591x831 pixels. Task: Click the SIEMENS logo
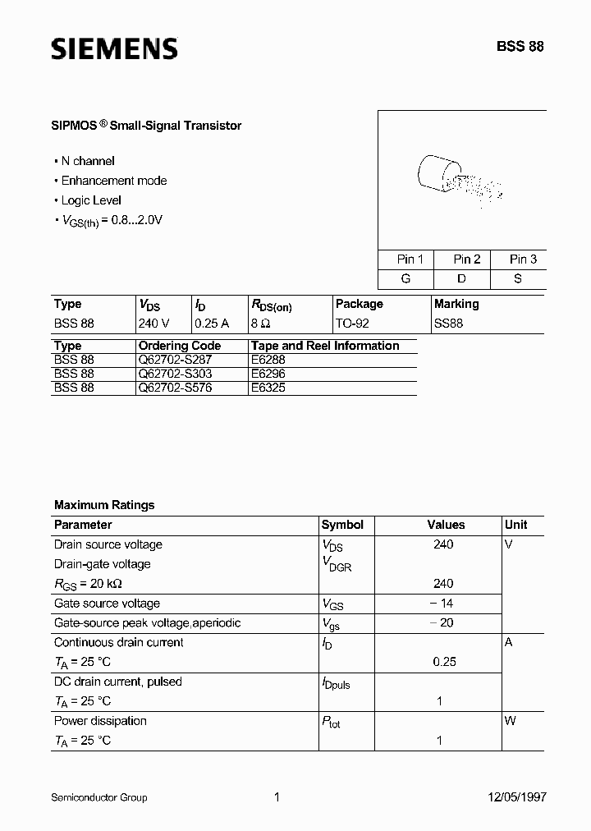point(114,49)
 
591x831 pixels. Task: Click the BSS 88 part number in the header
point(519,47)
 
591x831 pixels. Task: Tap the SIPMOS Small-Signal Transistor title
point(148,126)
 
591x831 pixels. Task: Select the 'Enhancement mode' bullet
point(113,181)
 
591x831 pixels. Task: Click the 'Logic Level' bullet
point(91,200)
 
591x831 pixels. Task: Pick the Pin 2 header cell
point(466,259)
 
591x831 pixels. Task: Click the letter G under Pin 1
point(405,278)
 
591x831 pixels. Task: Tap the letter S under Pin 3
point(518,278)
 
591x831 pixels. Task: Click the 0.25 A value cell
point(212,324)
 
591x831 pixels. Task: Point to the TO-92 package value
point(352,324)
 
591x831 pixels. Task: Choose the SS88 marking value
point(449,324)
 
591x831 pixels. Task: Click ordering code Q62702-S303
point(175,373)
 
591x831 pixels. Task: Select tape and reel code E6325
point(268,387)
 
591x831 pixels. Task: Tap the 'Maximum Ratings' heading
point(104,505)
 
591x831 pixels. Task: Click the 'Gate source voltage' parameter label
point(107,604)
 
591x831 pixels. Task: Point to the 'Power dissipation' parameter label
point(100,721)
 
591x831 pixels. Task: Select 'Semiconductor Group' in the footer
point(99,797)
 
